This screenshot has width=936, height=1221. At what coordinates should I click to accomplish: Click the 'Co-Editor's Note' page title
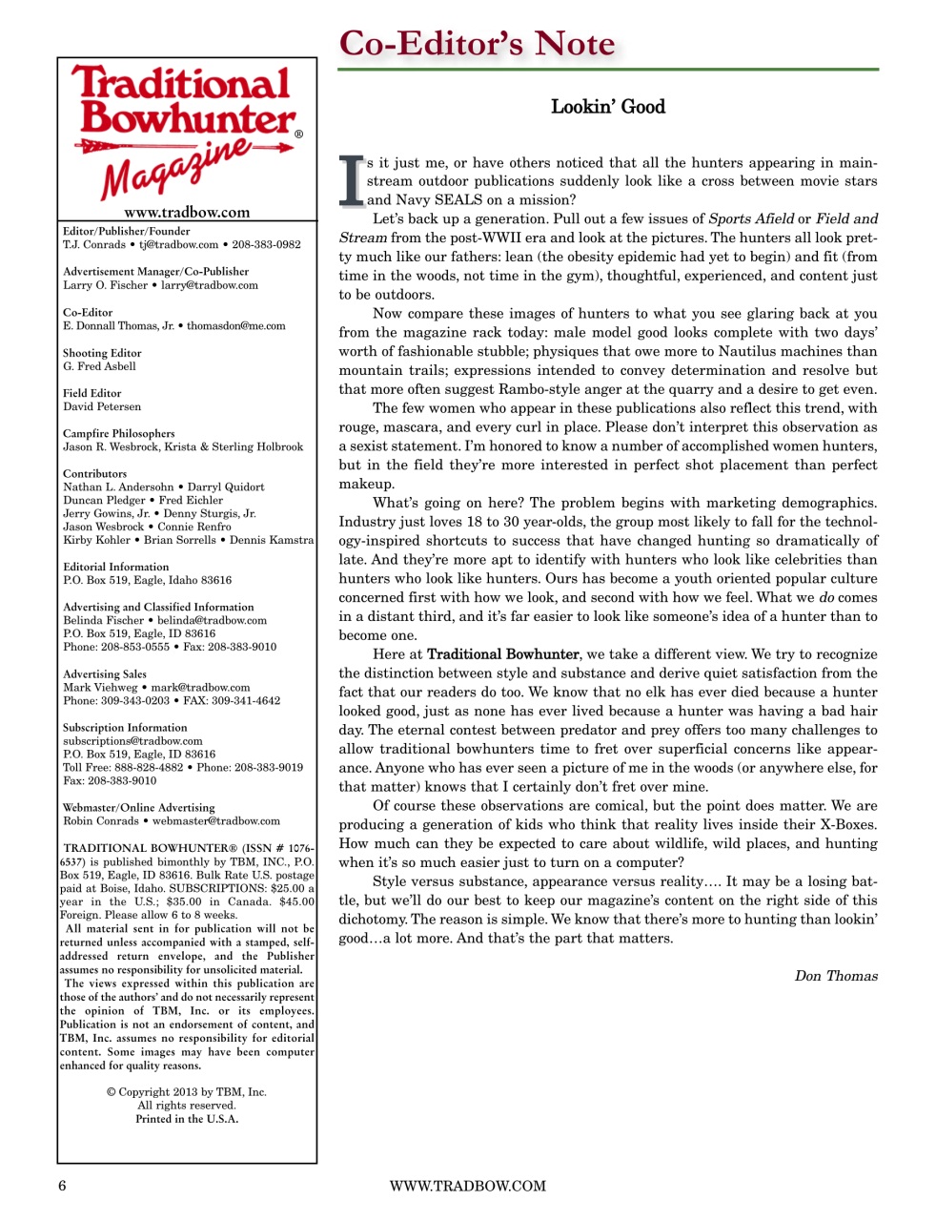(x=478, y=44)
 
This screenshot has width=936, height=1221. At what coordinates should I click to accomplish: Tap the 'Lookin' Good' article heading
(x=607, y=107)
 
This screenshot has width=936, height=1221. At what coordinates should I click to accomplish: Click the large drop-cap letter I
(x=352, y=180)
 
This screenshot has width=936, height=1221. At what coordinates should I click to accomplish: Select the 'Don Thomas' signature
(x=836, y=976)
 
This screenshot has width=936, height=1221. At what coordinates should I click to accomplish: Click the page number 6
(x=63, y=1186)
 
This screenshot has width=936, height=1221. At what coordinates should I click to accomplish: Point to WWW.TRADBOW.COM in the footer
(x=467, y=1186)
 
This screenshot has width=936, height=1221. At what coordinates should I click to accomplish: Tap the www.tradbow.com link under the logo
(x=187, y=213)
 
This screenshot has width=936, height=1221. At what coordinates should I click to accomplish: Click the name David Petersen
(x=102, y=406)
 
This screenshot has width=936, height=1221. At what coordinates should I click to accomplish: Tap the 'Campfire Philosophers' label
(x=119, y=433)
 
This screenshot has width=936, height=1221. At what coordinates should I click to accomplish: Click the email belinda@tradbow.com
(x=212, y=620)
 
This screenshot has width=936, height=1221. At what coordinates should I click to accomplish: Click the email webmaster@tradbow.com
(x=216, y=820)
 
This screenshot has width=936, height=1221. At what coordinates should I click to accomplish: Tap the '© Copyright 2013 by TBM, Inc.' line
(x=187, y=1092)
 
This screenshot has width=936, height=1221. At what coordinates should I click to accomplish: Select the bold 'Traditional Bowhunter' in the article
(x=502, y=654)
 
